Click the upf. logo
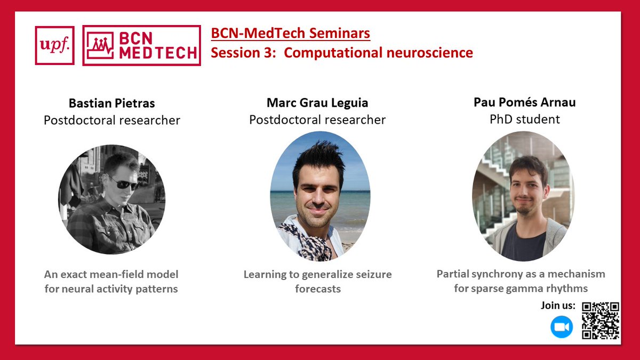pyautogui.click(x=54, y=45)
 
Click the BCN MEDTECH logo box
pyautogui.click(x=142, y=45)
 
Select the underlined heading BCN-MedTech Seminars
pyautogui.click(x=290, y=34)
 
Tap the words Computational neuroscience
pyautogui.click(x=378, y=53)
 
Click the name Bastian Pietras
pyautogui.click(x=111, y=103)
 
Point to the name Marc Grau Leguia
pyautogui.click(x=317, y=102)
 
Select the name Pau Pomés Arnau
pyautogui.click(x=524, y=102)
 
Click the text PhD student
pyautogui.click(x=524, y=119)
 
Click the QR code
pyautogui.click(x=601, y=320)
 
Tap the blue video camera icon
pyautogui.click(x=562, y=327)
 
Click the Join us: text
pyautogui.click(x=558, y=306)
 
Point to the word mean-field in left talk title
pyautogui.click(x=122, y=275)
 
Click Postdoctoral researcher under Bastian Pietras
pyautogui.click(x=111, y=120)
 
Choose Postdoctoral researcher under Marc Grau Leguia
pyautogui.click(x=317, y=120)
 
